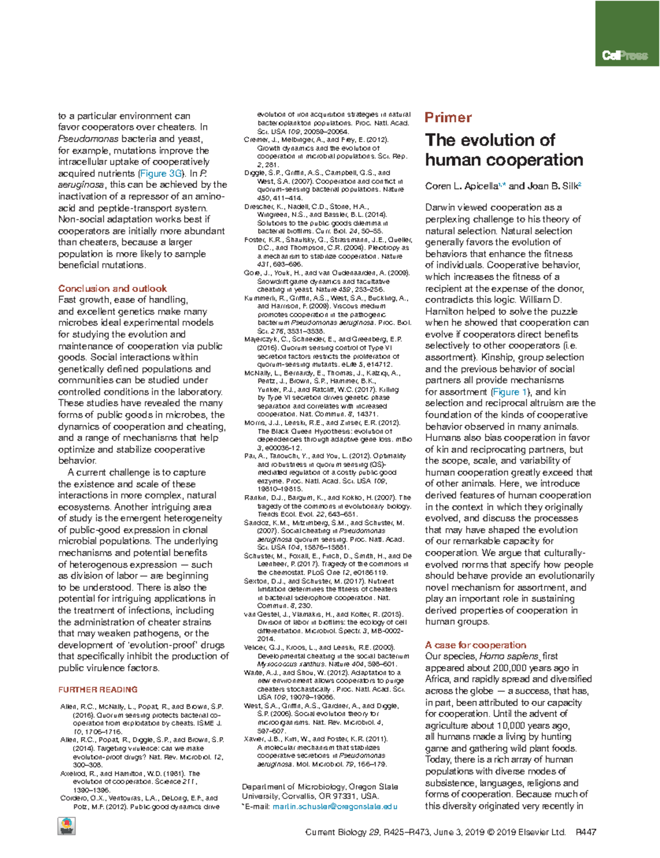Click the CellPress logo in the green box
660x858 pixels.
[x=625, y=56]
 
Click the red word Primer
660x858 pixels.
[x=448, y=117]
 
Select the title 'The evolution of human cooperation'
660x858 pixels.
[x=503, y=150]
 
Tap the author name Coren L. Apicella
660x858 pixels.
[x=461, y=186]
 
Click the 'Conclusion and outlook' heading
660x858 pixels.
[x=112, y=289]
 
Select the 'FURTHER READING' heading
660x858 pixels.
[x=98, y=689]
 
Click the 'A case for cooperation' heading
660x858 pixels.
[x=475, y=645]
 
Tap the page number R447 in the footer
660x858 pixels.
[x=586, y=832]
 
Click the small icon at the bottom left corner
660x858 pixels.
[x=67, y=826]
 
